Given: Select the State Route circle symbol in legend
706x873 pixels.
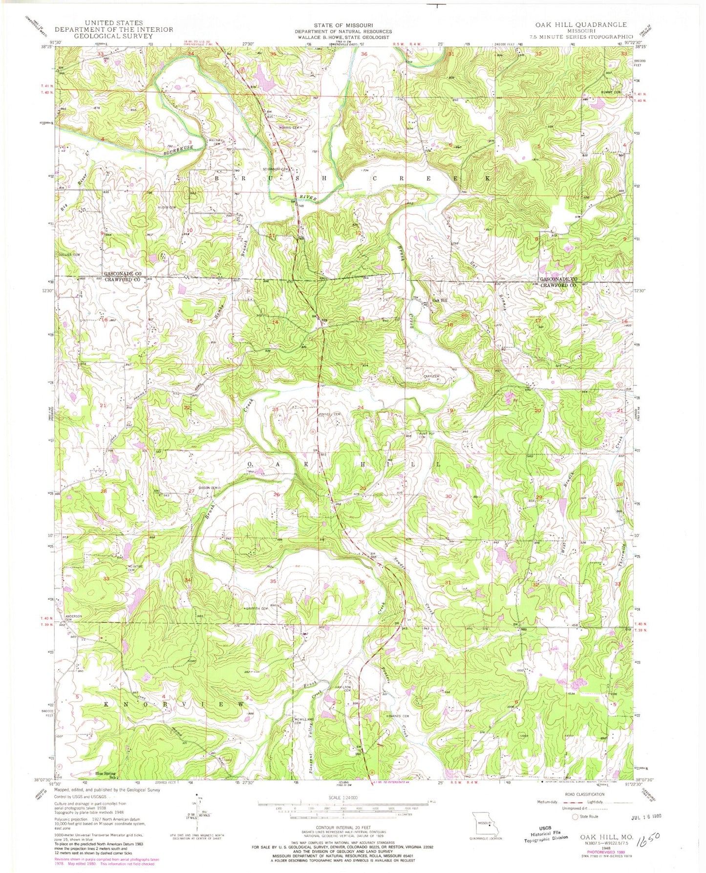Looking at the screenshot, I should pyautogui.click(x=575, y=816).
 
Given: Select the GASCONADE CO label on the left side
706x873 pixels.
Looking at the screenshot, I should pyautogui.click(x=123, y=274).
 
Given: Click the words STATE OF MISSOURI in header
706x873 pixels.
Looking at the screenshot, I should pyautogui.click(x=351, y=25).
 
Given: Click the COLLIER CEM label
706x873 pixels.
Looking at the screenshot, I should pyautogui.click(x=69, y=255).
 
